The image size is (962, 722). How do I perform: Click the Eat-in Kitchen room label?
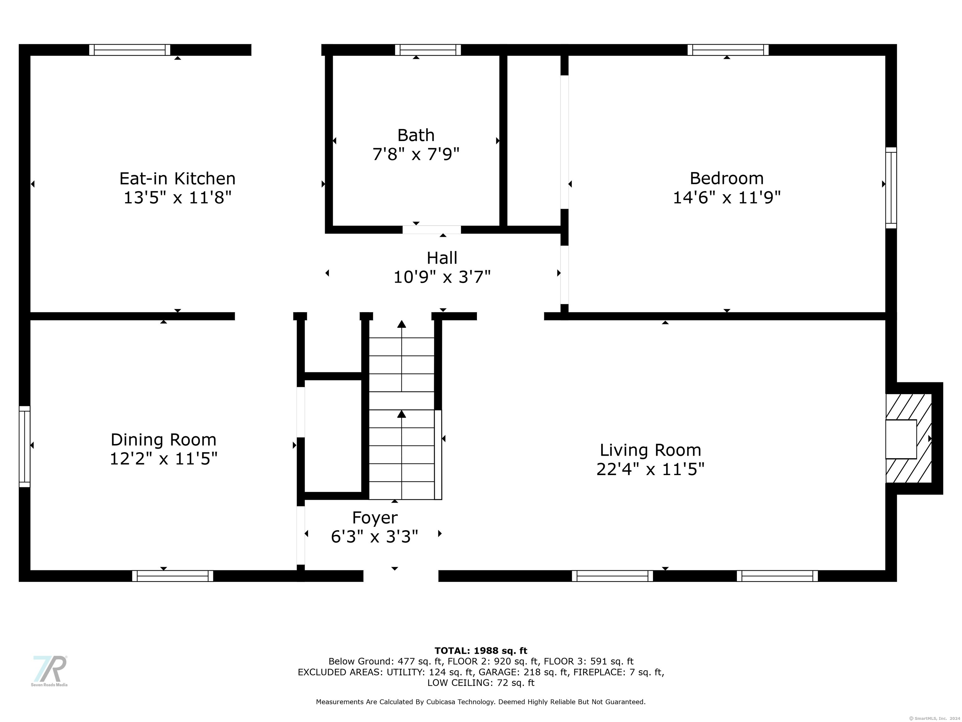pos(178,178)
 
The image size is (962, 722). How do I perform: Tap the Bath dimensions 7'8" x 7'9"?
pos(416,154)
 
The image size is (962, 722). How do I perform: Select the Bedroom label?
pos(727,178)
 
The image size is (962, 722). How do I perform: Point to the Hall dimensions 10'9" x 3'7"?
pos(442,277)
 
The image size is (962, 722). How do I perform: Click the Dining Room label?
pos(163,440)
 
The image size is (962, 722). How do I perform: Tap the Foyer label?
pos(375,517)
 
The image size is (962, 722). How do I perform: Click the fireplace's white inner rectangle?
pos(901,439)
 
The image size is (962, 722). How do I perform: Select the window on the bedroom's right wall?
pos(891,188)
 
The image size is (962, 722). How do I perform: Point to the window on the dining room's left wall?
pos(24,447)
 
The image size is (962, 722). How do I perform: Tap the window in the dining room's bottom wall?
pos(173,576)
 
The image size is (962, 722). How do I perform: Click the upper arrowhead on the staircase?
pos(402,324)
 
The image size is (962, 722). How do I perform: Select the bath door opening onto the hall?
pos(432,230)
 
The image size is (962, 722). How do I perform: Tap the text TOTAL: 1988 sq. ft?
pos(481,651)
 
